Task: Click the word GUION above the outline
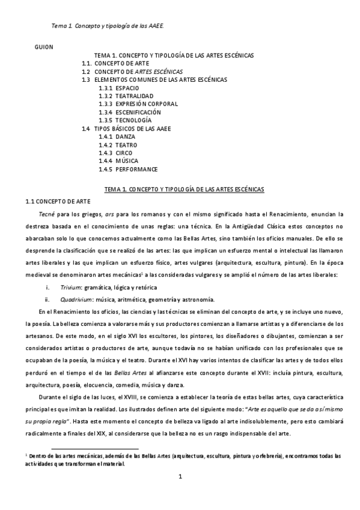44,46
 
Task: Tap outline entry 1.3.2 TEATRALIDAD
126,96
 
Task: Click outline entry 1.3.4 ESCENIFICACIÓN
130,112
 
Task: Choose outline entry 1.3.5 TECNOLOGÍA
125,120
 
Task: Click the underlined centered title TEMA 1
184,189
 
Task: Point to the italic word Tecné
47,214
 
